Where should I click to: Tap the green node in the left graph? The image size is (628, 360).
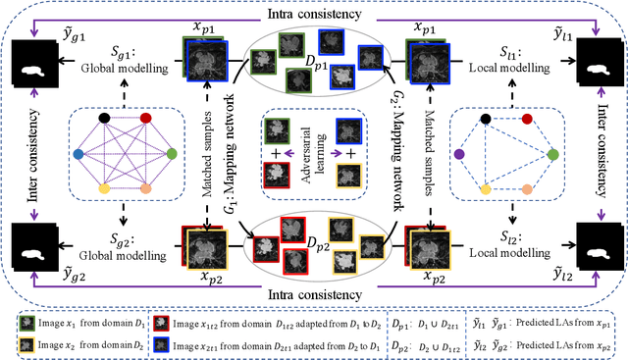(x=172, y=154)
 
